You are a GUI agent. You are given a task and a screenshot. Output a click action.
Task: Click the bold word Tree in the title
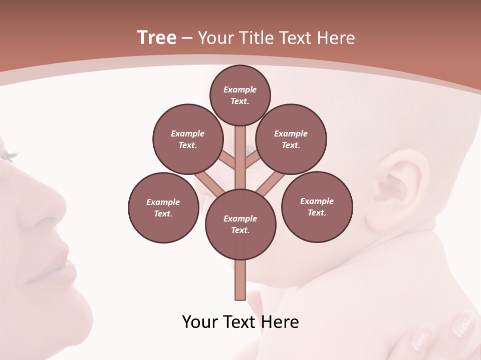[157, 38]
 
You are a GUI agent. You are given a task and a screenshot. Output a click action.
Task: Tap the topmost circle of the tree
[240, 95]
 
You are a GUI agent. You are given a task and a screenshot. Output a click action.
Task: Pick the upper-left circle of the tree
[187, 139]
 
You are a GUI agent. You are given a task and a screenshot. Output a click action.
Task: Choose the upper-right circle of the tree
[291, 139]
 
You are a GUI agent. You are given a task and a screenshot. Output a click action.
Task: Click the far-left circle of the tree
[163, 207]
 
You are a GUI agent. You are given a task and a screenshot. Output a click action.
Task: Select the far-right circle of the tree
[317, 206]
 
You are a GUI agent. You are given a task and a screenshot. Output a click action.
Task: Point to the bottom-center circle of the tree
[241, 224]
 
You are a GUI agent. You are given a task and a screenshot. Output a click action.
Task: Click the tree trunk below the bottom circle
[241, 280]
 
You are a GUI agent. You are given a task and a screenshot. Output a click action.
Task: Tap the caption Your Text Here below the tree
[241, 321]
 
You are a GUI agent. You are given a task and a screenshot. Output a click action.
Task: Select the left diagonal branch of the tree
[209, 181]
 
